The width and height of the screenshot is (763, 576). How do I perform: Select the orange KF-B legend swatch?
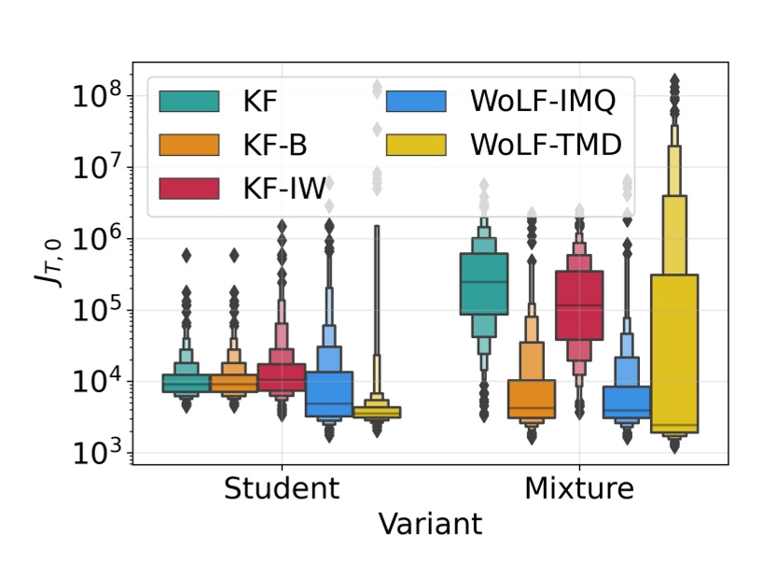tap(189, 145)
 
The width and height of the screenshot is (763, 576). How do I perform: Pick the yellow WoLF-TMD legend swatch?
tap(418, 145)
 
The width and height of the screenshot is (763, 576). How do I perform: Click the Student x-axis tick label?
tap(280, 488)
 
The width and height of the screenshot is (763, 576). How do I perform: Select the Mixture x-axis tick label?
tap(579, 488)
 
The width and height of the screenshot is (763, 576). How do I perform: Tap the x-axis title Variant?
tap(430, 524)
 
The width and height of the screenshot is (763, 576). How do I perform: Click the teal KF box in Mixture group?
tap(483, 283)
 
